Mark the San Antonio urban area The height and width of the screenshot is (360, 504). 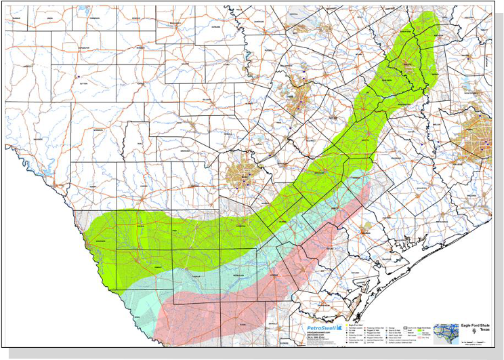pyautogui.click(x=242, y=174)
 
